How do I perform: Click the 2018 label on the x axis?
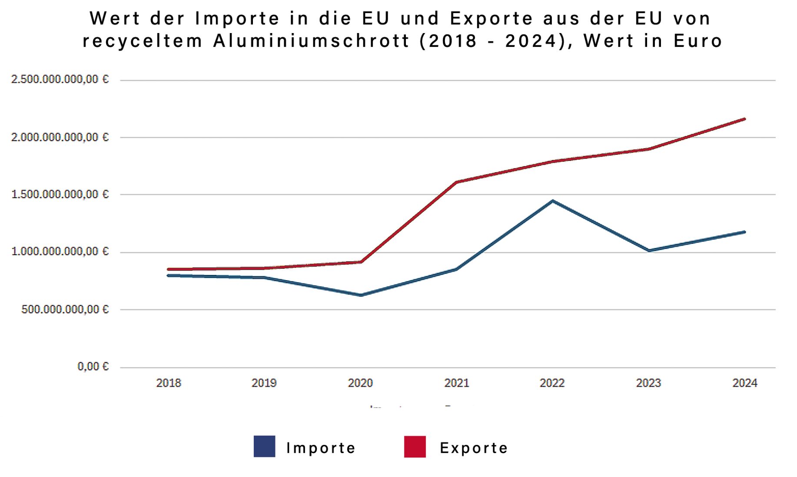click(x=169, y=383)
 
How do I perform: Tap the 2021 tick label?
click(x=457, y=383)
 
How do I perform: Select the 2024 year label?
click(x=745, y=383)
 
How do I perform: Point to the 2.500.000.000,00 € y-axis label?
click(x=60, y=80)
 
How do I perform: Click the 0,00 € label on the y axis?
click(x=93, y=367)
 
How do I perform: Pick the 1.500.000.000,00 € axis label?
click(x=60, y=194)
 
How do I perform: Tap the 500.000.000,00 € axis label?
click(x=65, y=310)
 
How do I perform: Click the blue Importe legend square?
click(x=264, y=447)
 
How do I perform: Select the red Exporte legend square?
click(x=415, y=447)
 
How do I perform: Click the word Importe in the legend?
click(x=321, y=448)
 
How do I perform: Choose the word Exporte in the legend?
click(x=474, y=448)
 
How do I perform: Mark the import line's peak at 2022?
click(x=553, y=201)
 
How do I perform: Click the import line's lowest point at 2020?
click(x=361, y=295)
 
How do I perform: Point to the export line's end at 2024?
click(x=744, y=119)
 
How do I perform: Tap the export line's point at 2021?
click(x=457, y=182)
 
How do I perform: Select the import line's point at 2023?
click(x=649, y=250)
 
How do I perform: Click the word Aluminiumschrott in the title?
click(x=312, y=41)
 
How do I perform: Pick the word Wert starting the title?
click(x=115, y=19)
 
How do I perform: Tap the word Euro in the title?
click(x=698, y=41)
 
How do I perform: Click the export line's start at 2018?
click(x=169, y=270)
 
